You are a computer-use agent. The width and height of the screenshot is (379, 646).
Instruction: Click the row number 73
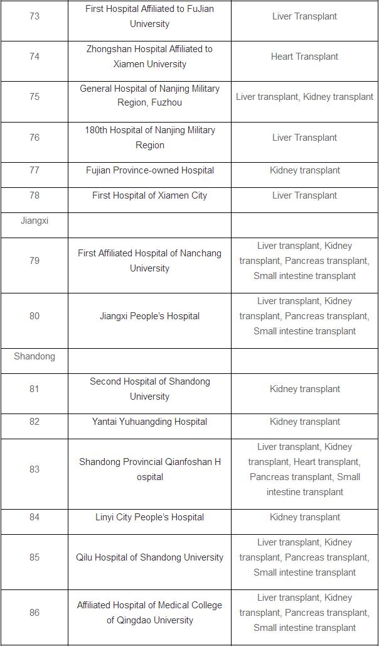35,16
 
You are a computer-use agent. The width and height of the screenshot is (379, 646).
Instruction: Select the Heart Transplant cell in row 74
304,57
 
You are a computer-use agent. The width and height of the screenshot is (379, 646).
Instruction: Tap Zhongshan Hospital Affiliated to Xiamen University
149,57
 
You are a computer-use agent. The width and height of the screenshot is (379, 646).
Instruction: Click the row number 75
35,97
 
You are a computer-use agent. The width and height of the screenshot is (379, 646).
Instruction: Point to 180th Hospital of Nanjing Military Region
149,138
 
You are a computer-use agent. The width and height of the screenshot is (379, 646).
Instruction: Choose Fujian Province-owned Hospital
149,170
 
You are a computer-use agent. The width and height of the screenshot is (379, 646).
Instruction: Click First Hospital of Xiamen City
149,195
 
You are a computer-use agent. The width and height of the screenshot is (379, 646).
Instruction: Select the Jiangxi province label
35,221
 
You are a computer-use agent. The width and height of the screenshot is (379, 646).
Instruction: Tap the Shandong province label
35,356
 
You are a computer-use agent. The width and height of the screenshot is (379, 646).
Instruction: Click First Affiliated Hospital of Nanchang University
149,261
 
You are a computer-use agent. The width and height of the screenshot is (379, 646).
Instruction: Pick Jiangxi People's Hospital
149,316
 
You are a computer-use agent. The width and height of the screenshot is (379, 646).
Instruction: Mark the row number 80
35,316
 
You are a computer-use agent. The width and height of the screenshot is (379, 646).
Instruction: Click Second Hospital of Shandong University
149,389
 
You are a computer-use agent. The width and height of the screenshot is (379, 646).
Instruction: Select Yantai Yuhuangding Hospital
149,422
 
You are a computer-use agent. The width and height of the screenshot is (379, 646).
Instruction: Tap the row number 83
35,469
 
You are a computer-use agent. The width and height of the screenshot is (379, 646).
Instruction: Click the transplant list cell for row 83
304,469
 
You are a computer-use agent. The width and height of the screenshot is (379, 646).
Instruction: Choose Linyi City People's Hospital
149,517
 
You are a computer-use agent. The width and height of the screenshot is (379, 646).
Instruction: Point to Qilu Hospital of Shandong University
149,557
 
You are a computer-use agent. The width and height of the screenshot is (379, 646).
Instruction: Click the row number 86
35,613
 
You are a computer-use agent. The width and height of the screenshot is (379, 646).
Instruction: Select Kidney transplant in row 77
304,170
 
